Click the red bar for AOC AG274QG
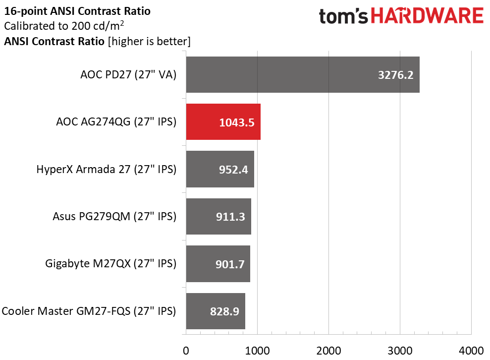pos(223,121)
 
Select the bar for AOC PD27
pos(303,74)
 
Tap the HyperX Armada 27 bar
pos(220,169)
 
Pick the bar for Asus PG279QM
pos(218,216)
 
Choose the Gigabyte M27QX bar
pos(218,264)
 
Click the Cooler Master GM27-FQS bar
pos(216,311)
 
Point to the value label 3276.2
pos(396,75)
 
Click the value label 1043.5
pos(236,122)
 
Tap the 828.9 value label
pos(224,311)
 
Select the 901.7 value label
pos(230,265)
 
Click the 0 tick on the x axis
pos(186,351)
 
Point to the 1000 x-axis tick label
pos(257,351)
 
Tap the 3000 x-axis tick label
pos(400,351)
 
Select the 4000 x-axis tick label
pos(471,351)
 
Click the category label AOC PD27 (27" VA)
pos(128,75)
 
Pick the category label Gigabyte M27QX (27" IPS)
pos(111,264)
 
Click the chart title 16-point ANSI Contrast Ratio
pos(77,11)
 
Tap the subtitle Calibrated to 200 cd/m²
pos(64,26)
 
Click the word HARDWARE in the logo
pos(427,16)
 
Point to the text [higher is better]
pos(149,41)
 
